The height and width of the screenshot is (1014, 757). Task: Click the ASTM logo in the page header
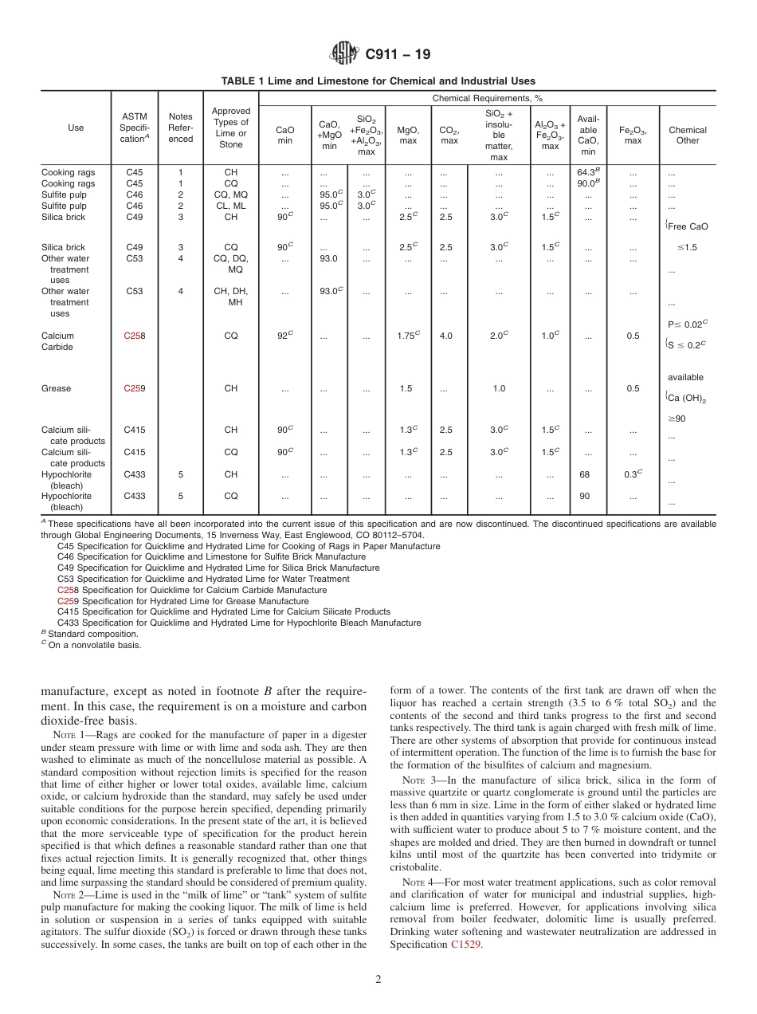[x=344, y=54]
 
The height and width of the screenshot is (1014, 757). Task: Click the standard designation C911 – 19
[x=397, y=54]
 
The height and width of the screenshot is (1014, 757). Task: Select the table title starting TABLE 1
[x=378, y=81]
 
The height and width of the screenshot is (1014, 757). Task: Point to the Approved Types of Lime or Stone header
[x=230, y=128]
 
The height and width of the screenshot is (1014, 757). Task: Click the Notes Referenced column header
[x=181, y=128]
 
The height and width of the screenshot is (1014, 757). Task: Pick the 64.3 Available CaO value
[x=587, y=172]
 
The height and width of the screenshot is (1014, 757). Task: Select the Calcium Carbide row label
[x=57, y=341]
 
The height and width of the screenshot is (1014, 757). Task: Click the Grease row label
[x=56, y=388]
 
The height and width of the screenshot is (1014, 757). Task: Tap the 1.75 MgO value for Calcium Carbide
[x=408, y=336]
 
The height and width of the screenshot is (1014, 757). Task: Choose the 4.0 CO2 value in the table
[x=446, y=336]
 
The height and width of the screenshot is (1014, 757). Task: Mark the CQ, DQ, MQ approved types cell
[x=230, y=264]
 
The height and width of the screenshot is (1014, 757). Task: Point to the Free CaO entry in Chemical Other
[x=688, y=226]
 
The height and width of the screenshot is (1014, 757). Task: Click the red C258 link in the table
[x=134, y=336]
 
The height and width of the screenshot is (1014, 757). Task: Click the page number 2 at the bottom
[x=378, y=980]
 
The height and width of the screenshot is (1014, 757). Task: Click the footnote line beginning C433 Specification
[x=239, y=623]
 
